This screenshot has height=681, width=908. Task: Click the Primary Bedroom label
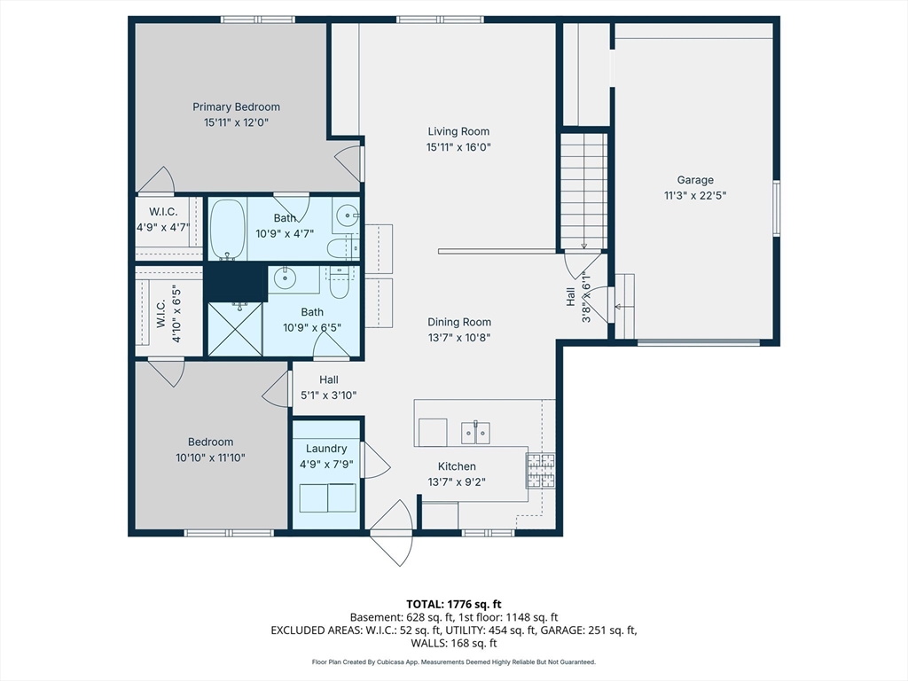236,107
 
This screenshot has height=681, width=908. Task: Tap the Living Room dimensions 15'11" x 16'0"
458,147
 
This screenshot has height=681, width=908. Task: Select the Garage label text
695,180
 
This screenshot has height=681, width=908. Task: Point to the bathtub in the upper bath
227,229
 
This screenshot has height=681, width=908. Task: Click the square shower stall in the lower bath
235,329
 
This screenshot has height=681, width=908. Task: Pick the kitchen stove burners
540,471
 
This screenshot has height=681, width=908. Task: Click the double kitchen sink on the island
477,433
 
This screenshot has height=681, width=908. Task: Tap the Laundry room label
326,449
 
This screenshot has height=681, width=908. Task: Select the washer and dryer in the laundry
326,497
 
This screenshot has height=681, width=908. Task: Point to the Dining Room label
458,323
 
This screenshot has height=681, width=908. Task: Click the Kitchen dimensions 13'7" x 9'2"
457,482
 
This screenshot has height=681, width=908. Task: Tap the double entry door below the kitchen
393,534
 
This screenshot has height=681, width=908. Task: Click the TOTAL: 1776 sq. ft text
453,604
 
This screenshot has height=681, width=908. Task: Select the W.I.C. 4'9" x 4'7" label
163,219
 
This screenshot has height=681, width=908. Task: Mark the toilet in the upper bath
341,247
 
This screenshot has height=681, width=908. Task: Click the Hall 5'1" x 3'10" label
329,388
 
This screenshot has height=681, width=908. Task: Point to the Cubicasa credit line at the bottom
453,661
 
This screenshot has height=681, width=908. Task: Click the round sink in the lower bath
285,278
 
